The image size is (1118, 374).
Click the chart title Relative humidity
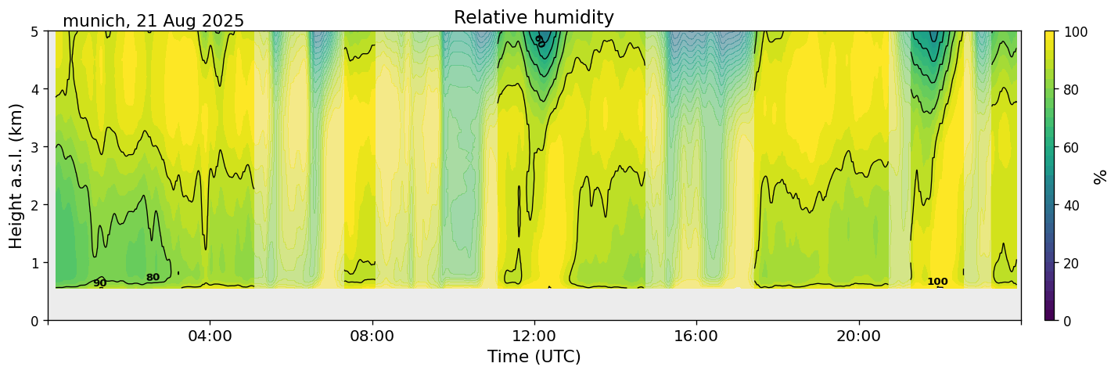[x=534, y=18]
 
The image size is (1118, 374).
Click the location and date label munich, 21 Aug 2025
[x=153, y=21]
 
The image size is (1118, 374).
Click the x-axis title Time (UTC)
[x=534, y=357]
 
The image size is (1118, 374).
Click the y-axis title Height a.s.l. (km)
[x=16, y=176]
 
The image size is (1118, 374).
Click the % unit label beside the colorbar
[x=1101, y=176]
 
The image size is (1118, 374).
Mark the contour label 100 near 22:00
[x=937, y=282]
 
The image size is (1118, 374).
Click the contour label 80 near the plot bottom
[x=153, y=278]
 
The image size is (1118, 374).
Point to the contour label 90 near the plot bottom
[x=99, y=283]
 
